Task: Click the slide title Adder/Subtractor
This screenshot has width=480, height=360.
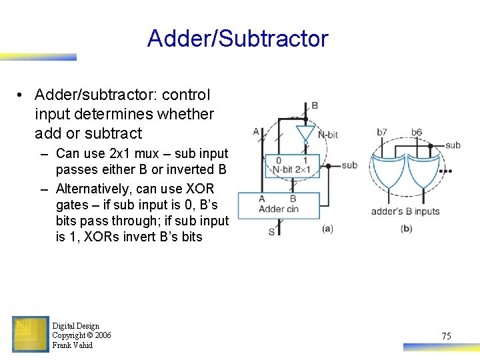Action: (x=238, y=39)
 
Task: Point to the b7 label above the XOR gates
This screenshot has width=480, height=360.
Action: (x=381, y=132)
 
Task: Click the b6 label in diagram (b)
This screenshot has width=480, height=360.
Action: (x=416, y=132)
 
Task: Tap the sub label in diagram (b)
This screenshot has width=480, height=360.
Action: (x=453, y=145)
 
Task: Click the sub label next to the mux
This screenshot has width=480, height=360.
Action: (x=349, y=165)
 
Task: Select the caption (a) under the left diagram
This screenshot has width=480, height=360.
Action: (x=327, y=229)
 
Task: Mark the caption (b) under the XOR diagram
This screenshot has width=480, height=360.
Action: (x=407, y=229)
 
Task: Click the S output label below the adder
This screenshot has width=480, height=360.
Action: (x=272, y=231)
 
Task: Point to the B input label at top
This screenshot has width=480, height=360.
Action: (x=315, y=106)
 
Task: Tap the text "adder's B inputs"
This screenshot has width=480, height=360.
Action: (x=405, y=211)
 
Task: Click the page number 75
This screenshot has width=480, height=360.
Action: (x=446, y=336)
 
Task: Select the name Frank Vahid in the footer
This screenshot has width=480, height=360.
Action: (x=72, y=345)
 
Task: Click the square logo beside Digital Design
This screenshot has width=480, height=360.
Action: (x=30, y=334)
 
